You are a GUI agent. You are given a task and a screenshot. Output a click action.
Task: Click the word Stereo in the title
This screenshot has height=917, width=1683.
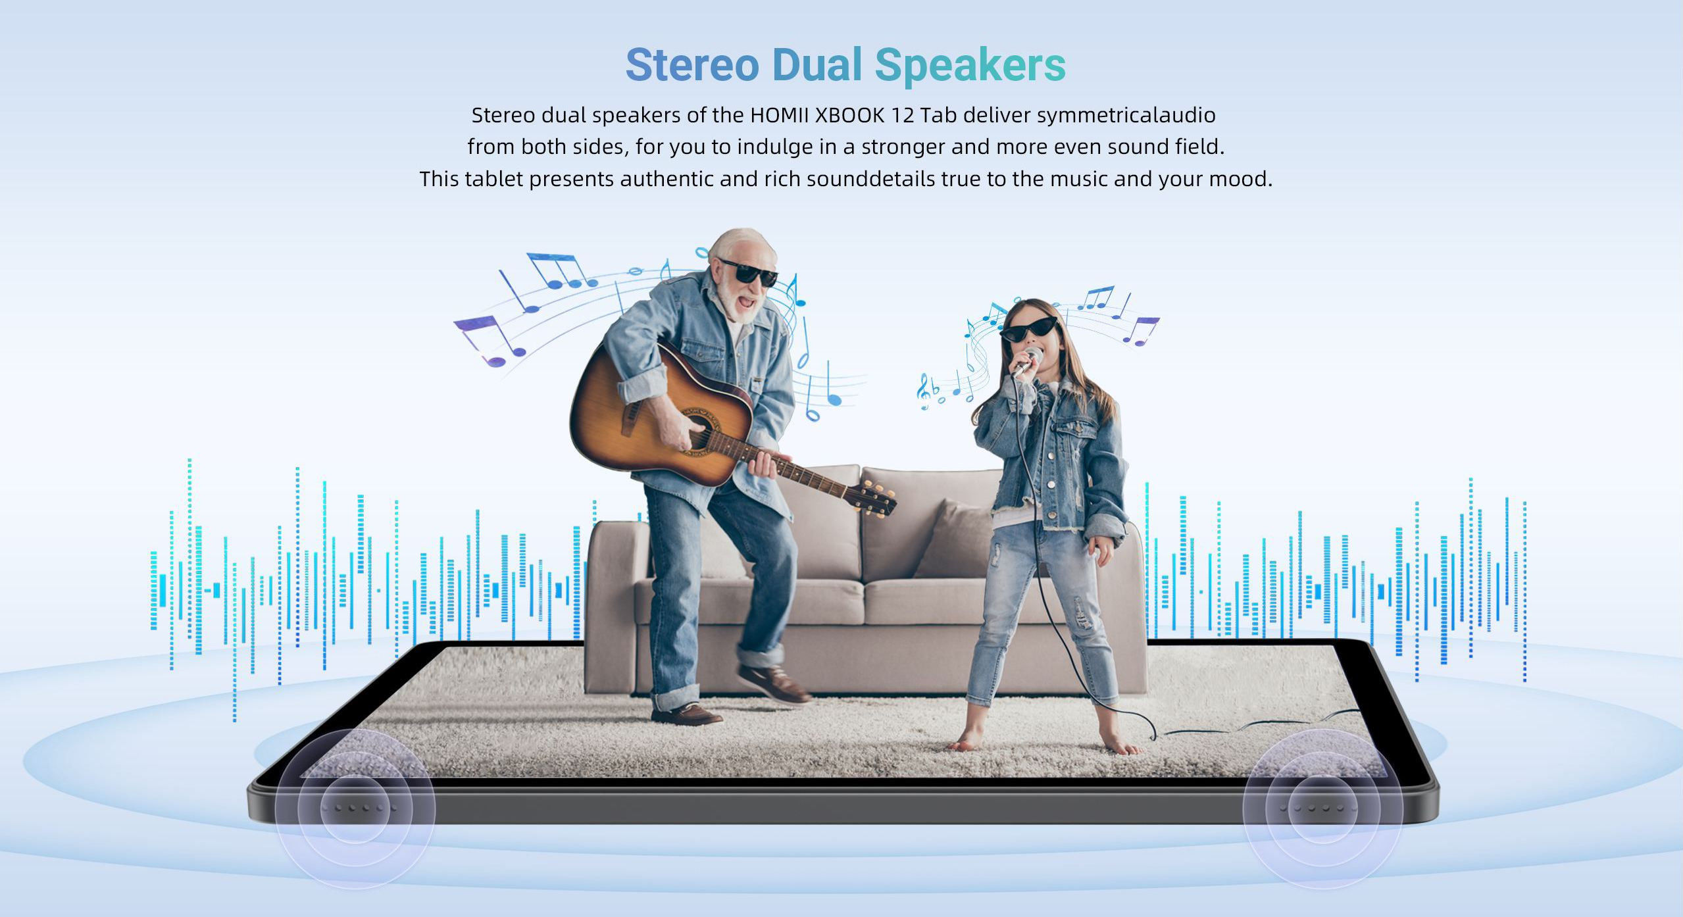click(692, 65)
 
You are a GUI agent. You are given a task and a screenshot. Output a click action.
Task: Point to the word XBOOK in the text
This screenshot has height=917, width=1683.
click(849, 115)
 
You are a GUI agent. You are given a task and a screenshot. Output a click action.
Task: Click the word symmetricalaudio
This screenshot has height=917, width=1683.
click(1126, 116)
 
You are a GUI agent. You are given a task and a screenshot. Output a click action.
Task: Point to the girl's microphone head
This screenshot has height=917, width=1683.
click(1034, 357)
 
